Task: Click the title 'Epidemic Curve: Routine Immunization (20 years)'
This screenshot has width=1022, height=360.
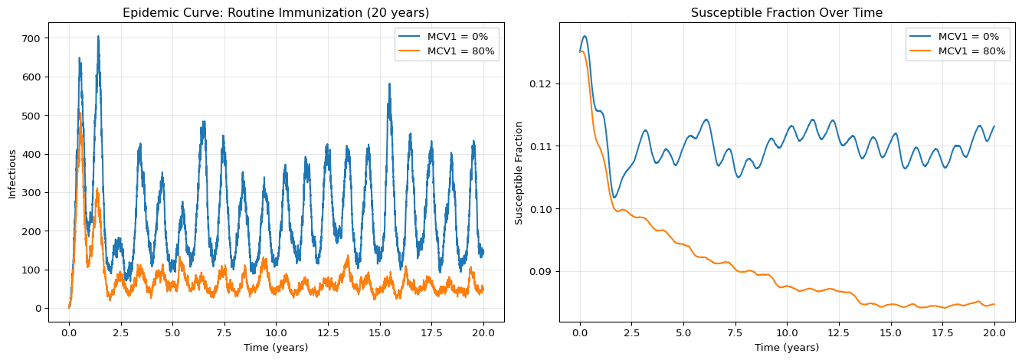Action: coord(276,12)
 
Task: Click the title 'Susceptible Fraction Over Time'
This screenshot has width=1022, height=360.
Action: coord(787,12)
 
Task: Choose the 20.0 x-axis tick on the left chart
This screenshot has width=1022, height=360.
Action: coord(483,334)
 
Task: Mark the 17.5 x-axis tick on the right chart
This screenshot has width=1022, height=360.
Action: coord(942,334)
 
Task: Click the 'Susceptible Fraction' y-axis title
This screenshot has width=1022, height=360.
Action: coord(519,173)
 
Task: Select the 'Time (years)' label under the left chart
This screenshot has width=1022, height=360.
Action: coord(276,348)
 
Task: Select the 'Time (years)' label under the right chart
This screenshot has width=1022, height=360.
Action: coord(787,348)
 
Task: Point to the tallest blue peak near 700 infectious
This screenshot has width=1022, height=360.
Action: coord(98,37)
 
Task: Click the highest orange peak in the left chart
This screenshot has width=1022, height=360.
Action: coord(80,113)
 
